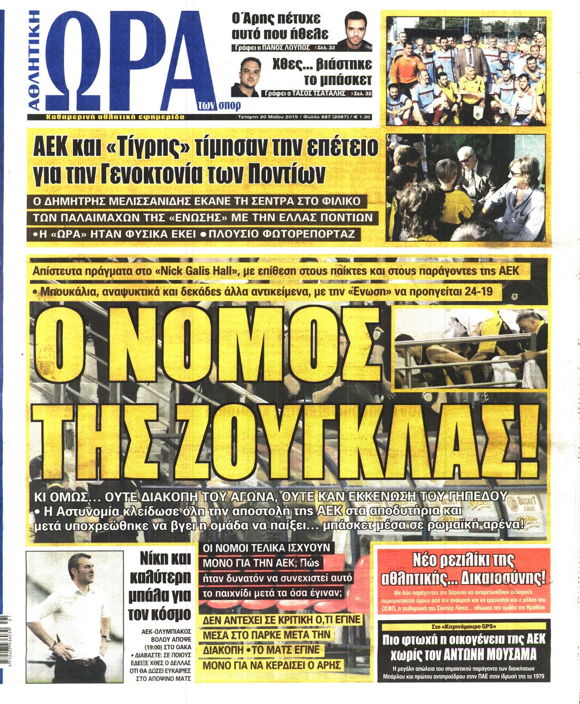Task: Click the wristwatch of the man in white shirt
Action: pyautogui.click(x=106, y=638)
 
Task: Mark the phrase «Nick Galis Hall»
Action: pyautogui.click(x=197, y=272)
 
